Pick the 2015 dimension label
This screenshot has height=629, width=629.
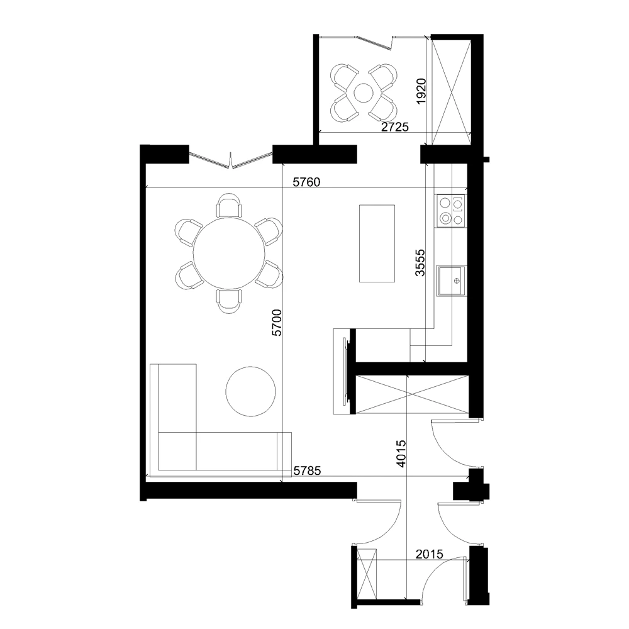point(430,554)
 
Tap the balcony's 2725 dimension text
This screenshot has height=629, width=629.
point(396,127)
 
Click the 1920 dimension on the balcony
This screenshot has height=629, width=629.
point(421,91)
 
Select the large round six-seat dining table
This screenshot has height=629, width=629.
point(229,253)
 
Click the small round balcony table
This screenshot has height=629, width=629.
point(364,93)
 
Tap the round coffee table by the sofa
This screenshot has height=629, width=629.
point(251,391)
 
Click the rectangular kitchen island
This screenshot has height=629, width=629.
point(377,243)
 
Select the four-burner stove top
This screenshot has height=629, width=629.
point(451,210)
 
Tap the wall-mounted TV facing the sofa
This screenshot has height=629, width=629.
point(343,372)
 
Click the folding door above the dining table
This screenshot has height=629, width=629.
point(231,161)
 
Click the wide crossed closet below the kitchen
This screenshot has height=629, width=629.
point(412,394)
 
